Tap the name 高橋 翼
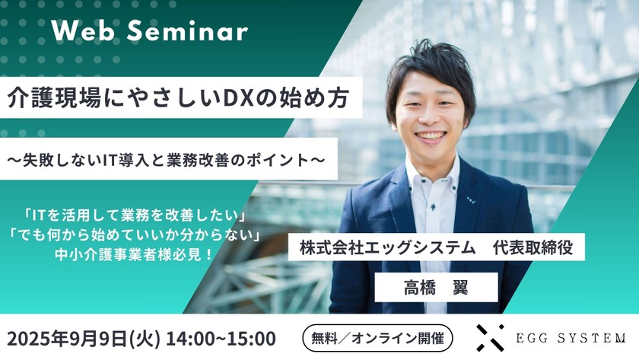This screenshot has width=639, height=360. tap(436, 288)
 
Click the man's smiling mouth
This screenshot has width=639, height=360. tap(431, 136)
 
